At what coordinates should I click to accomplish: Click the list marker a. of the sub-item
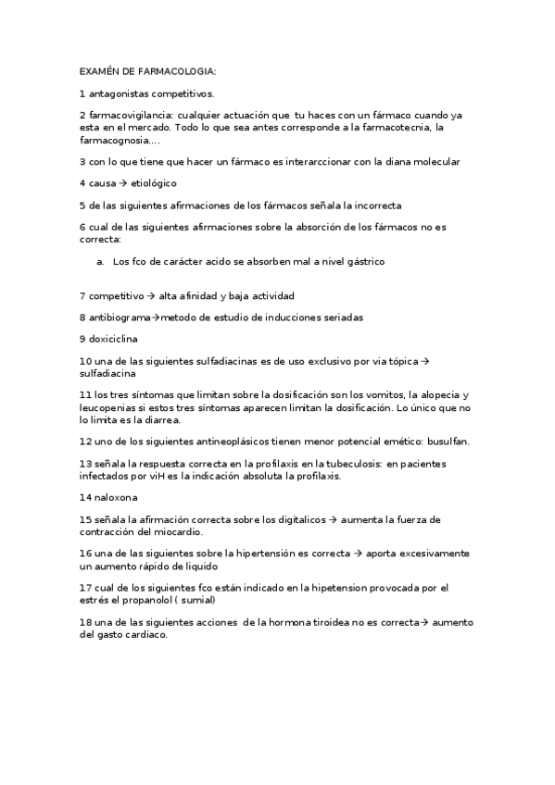(100, 262)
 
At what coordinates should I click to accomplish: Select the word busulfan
(448, 442)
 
